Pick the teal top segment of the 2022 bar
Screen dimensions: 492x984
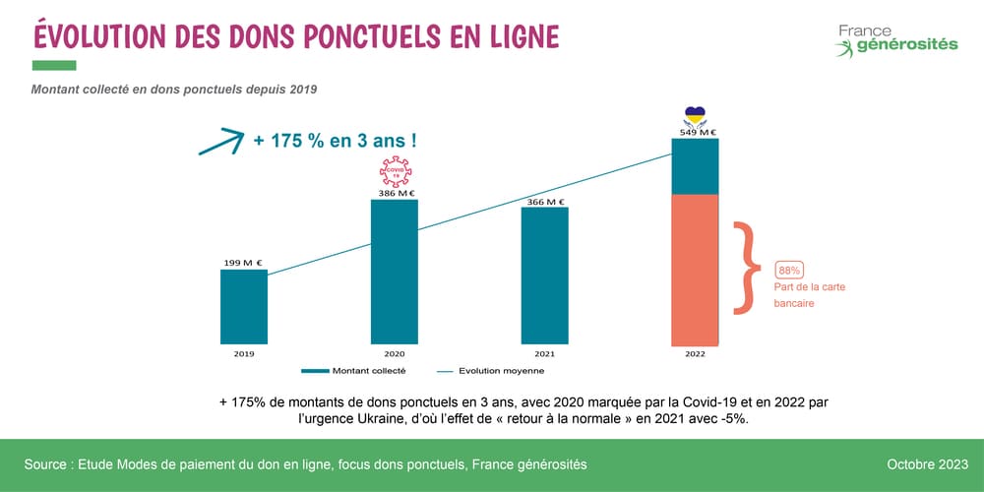(x=695, y=166)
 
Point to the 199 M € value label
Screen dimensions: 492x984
(x=243, y=263)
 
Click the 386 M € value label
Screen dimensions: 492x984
(x=394, y=193)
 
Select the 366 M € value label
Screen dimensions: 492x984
(x=544, y=201)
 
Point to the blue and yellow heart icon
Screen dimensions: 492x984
(x=696, y=115)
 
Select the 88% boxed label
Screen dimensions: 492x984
(x=789, y=270)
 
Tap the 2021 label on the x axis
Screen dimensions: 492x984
(x=544, y=352)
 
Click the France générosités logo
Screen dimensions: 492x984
(x=895, y=39)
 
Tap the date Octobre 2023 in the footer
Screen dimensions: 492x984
(x=926, y=463)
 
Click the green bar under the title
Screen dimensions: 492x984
(x=54, y=65)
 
